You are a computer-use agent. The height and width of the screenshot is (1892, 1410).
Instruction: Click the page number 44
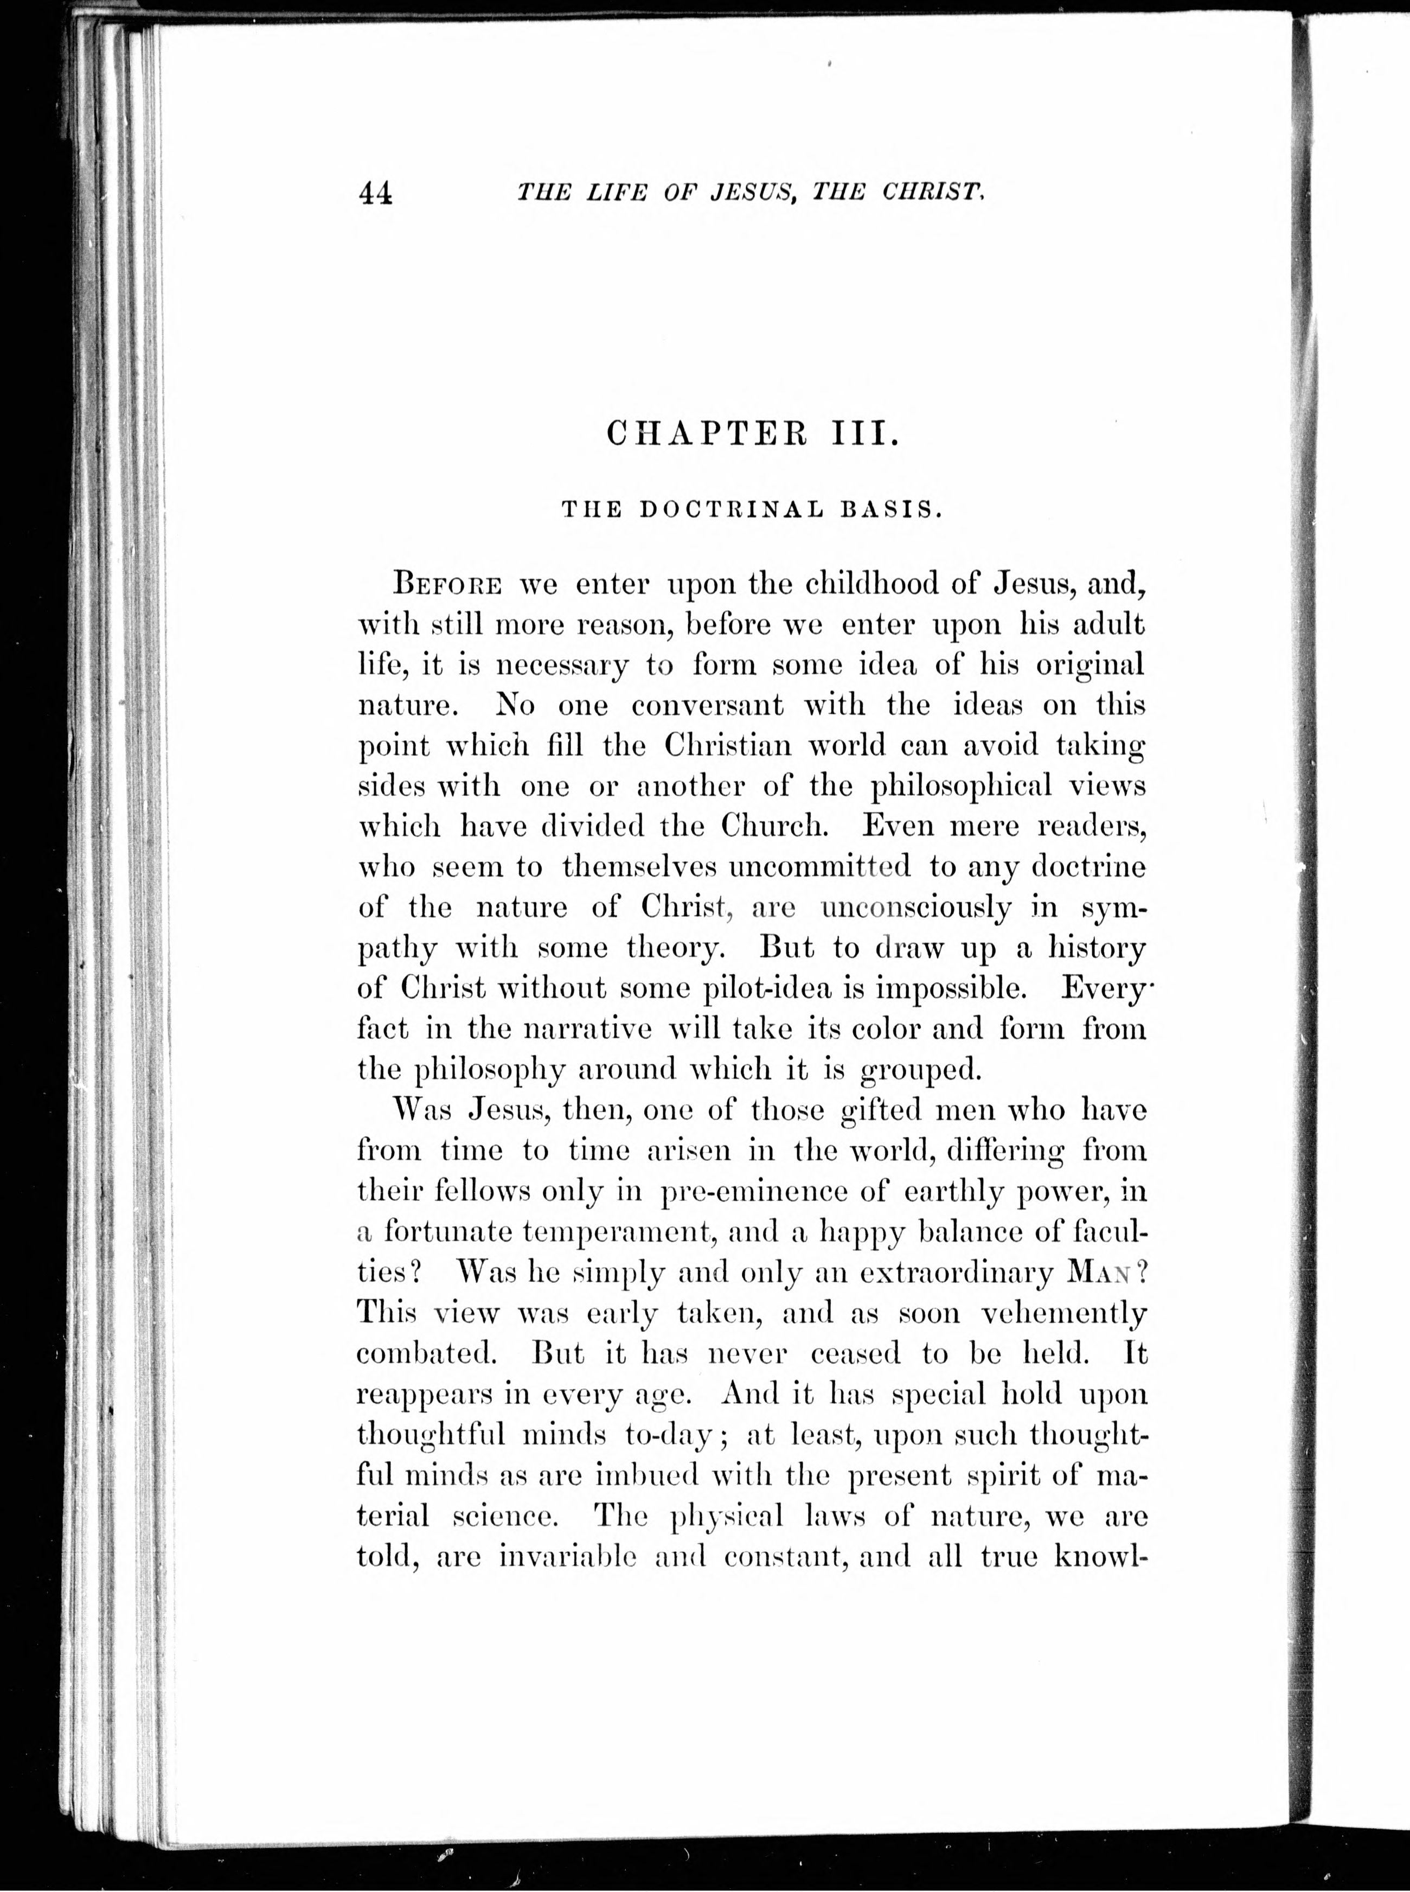(375, 193)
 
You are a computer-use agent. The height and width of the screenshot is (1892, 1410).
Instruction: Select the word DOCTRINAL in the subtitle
(732, 510)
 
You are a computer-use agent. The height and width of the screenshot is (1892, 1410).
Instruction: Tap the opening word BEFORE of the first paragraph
(446, 586)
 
